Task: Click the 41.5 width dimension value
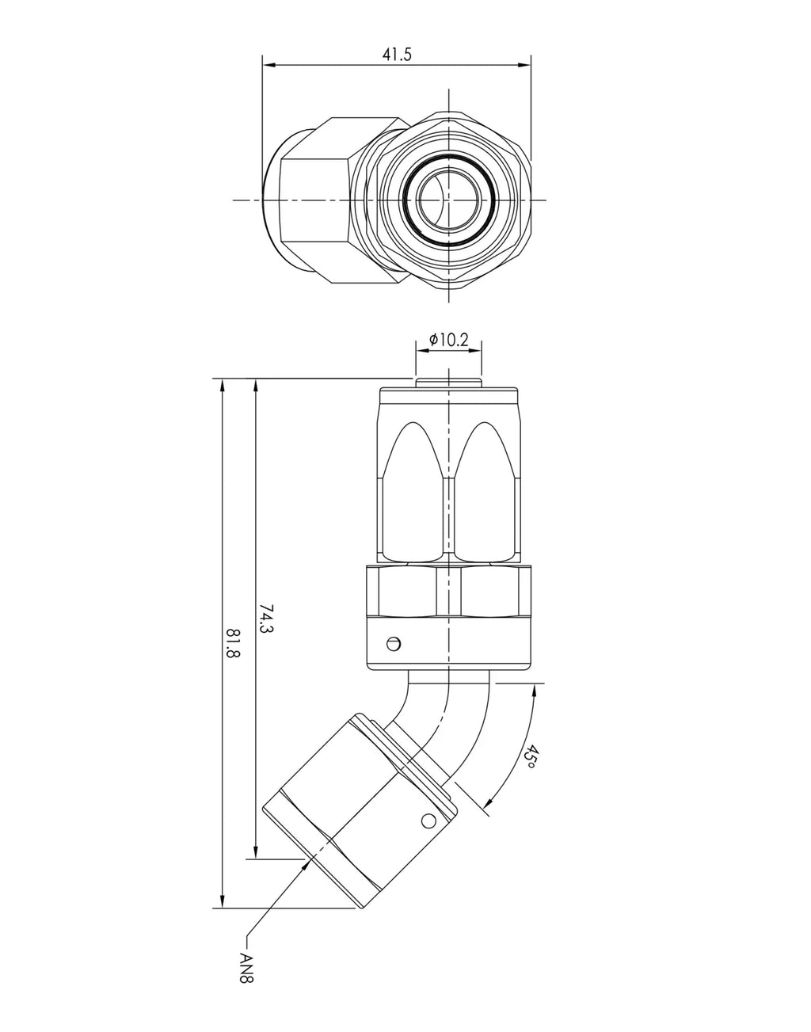point(397,55)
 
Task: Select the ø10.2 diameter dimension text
point(448,340)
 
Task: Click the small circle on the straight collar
point(394,644)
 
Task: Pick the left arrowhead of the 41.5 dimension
point(269,65)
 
